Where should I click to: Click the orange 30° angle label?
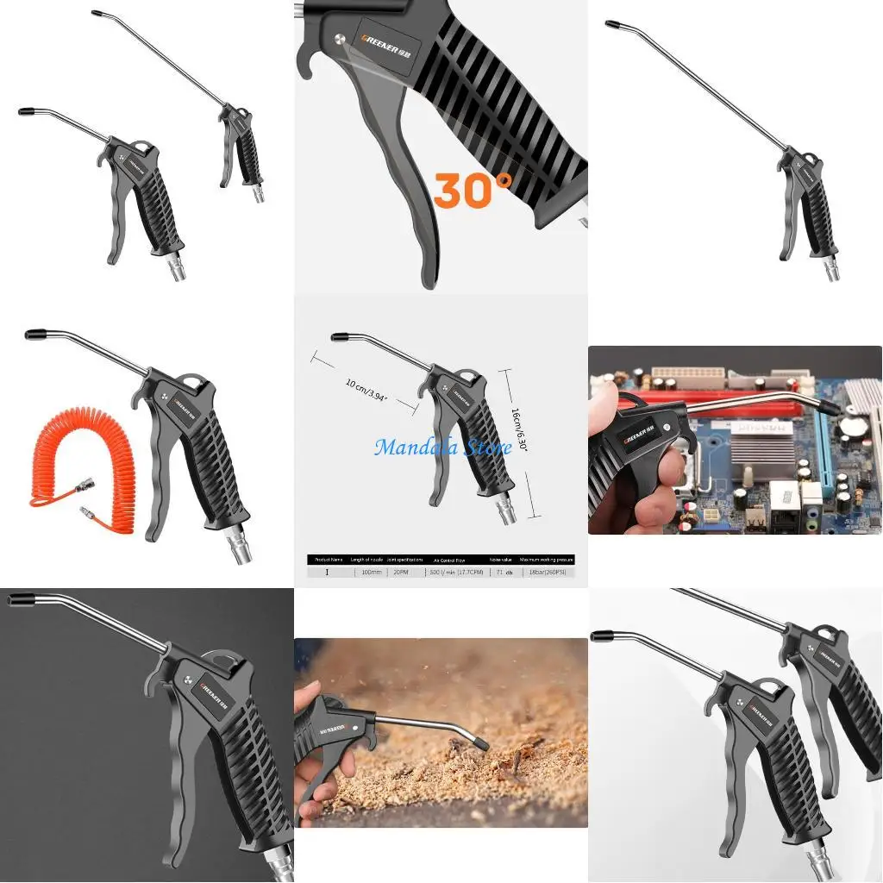(x=472, y=190)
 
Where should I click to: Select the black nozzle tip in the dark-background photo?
(x=22, y=598)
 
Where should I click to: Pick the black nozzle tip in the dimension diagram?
(x=340, y=336)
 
